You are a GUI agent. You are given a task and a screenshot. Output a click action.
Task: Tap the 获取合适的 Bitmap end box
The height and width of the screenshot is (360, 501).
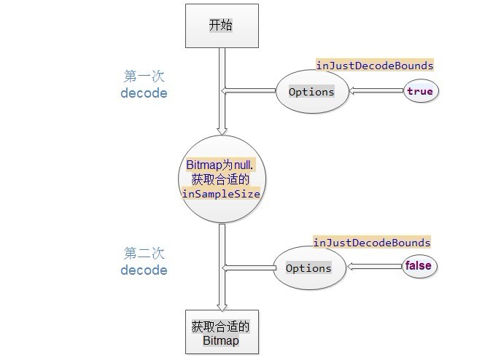(x=220, y=333)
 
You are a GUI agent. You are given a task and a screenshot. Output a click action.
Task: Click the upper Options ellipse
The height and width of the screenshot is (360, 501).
(x=311, y=92)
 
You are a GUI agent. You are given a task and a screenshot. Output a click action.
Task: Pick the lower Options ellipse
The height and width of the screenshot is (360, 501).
(x=308, y=268)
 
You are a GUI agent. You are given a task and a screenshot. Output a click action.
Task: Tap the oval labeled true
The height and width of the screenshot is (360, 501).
(x=419, y=91)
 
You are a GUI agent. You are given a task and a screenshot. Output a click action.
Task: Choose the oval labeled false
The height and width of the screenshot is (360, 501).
(x=418, y=266)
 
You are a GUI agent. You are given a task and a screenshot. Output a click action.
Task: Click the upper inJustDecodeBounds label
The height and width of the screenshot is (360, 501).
(x=374, y=66)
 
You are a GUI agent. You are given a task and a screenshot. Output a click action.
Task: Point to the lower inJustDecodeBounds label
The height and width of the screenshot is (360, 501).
(x=372, y=242)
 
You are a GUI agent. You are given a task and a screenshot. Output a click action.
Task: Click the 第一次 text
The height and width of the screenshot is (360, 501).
(x=144, y=76)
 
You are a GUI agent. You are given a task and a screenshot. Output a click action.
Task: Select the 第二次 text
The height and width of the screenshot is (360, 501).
(x=144, y=253)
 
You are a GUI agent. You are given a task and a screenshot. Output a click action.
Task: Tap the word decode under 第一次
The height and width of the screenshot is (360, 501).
(x=144, y=93)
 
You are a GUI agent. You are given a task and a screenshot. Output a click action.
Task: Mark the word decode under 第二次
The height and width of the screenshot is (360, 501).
(x=144, y=270)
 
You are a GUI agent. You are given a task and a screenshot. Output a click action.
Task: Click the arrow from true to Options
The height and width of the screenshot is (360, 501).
(x=376, y=91)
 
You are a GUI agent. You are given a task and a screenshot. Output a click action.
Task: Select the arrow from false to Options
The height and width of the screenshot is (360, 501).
(x=376, y=267)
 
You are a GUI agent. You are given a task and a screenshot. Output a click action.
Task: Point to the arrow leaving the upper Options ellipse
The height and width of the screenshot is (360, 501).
(x=249, y=91)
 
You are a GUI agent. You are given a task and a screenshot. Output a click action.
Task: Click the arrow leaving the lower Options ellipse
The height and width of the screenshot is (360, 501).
(x=248, y=268)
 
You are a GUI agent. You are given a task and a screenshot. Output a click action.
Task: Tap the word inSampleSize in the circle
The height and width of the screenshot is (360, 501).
(x=220, y=194)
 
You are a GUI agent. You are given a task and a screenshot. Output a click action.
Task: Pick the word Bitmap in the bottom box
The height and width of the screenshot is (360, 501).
(x=220, y=340)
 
